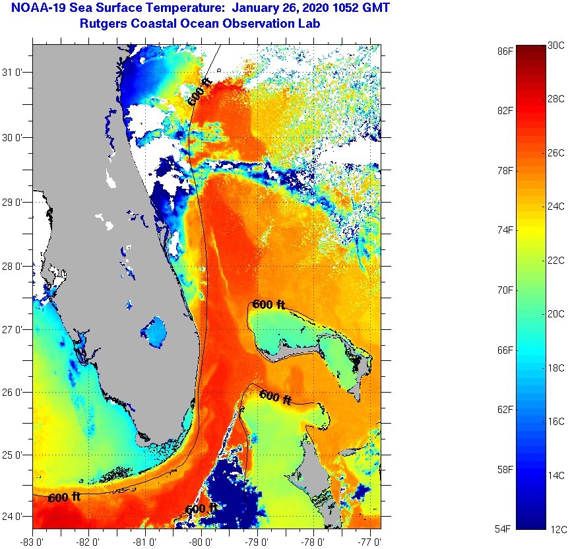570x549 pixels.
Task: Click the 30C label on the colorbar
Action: coord(556,46)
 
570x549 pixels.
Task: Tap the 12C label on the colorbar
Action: coord(556,529)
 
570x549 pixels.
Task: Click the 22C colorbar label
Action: coord(556,261)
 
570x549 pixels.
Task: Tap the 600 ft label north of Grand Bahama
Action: coord(269,305)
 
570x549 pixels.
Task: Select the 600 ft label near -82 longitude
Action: coord(64,497)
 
